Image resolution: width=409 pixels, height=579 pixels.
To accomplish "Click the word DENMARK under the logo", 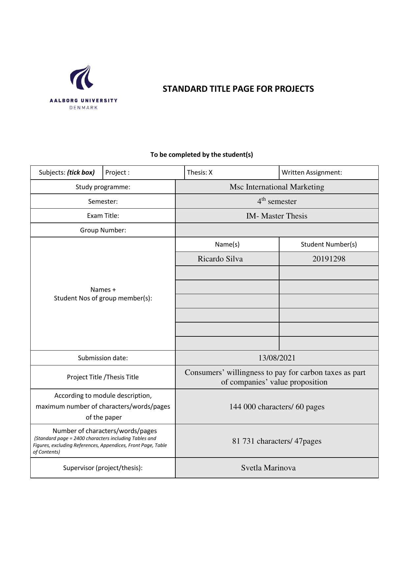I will [x=84, y=108].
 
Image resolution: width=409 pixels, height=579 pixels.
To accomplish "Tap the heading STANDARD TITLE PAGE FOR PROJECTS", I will [x=238, y=89].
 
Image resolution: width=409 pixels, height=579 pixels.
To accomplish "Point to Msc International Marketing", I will [x=277, y=187].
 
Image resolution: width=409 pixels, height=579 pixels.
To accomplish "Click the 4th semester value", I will [x=277, y=201].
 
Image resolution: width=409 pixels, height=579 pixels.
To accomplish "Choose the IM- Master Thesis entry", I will [x=277, y=216].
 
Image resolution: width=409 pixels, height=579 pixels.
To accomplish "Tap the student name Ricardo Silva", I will [x=220, y=259].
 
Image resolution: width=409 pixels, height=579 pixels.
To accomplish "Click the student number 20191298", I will [x=329, y=259].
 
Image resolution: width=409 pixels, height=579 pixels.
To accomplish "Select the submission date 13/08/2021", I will [x=277, y=358].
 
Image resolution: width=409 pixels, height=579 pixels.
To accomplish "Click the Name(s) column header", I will [x=227, y=244].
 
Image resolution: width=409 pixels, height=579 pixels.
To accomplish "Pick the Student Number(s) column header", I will [x=329, y=244].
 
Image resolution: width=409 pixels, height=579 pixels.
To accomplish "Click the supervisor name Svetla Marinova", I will [x=268, y=468].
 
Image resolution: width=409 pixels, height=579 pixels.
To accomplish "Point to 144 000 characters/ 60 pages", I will [x=277, y=407].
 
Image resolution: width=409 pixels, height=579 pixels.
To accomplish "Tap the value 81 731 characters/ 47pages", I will [x=277, y=441].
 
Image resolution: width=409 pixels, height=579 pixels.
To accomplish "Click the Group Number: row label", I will [x=103, y=230].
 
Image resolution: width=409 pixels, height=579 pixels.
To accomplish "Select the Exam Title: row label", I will [x=103, y=216].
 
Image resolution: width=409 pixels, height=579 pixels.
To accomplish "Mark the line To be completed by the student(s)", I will [x=201, y=154].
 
